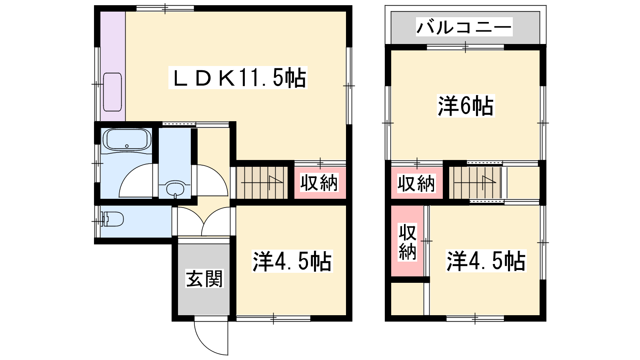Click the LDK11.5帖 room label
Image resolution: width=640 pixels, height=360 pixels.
[238, 78]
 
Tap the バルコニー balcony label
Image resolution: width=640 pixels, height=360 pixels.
[464, 27]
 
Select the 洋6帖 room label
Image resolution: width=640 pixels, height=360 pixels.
[466, 106]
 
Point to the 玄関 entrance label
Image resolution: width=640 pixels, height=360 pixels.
[204, 278]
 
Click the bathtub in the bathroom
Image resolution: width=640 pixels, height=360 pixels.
[127, 140]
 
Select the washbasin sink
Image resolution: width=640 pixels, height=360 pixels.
[174, 188]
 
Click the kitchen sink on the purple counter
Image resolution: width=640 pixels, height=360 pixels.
[112, 92]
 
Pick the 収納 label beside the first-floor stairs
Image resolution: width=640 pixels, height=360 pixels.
[319, 182]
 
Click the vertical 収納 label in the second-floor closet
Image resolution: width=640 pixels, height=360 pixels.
[408, 242]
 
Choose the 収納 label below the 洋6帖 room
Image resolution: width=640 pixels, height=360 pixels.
[416, 183]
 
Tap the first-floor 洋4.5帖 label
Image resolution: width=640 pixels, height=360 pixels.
[292, 261]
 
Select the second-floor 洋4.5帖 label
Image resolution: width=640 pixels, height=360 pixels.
[486, 261]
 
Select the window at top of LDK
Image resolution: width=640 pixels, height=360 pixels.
[165, 8]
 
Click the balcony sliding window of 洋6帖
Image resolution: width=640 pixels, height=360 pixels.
[466, 47]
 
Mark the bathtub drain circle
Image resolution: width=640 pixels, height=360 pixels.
[127, 146]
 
